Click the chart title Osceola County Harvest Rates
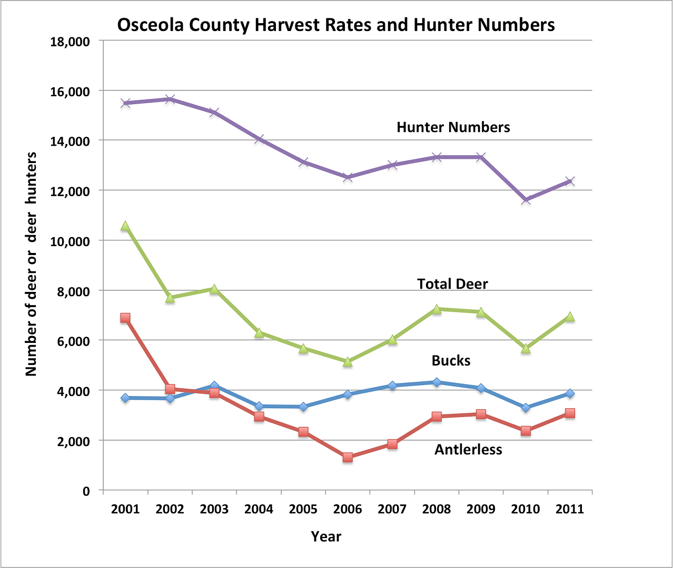click(335, 25)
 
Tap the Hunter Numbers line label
click(453, 127)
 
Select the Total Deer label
click(452, 284)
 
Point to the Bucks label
click(451, 361)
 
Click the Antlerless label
click(468, 450)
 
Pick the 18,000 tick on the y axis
click(70, 42)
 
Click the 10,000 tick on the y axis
click(70, 241)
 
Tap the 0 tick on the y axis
click(86, 491)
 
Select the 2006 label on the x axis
click(348, 509)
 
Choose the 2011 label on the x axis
click(570, 509)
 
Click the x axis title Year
click(326, 536)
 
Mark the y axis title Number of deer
click(32, 264)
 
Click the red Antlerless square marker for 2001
click(125, 318)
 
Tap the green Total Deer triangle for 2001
click(125, 226)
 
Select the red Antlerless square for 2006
click(348, 458)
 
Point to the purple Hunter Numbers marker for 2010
click(526, 200)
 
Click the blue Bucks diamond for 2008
click(437, 382)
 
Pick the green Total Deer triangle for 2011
click(570, 317)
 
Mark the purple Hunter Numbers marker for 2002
click(170, 99)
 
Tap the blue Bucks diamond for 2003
click(214, 386)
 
